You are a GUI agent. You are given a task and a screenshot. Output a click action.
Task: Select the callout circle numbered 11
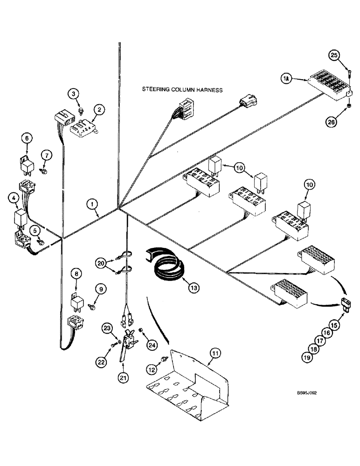[215, 355]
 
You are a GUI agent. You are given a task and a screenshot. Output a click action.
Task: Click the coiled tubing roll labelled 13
[169, 264]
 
